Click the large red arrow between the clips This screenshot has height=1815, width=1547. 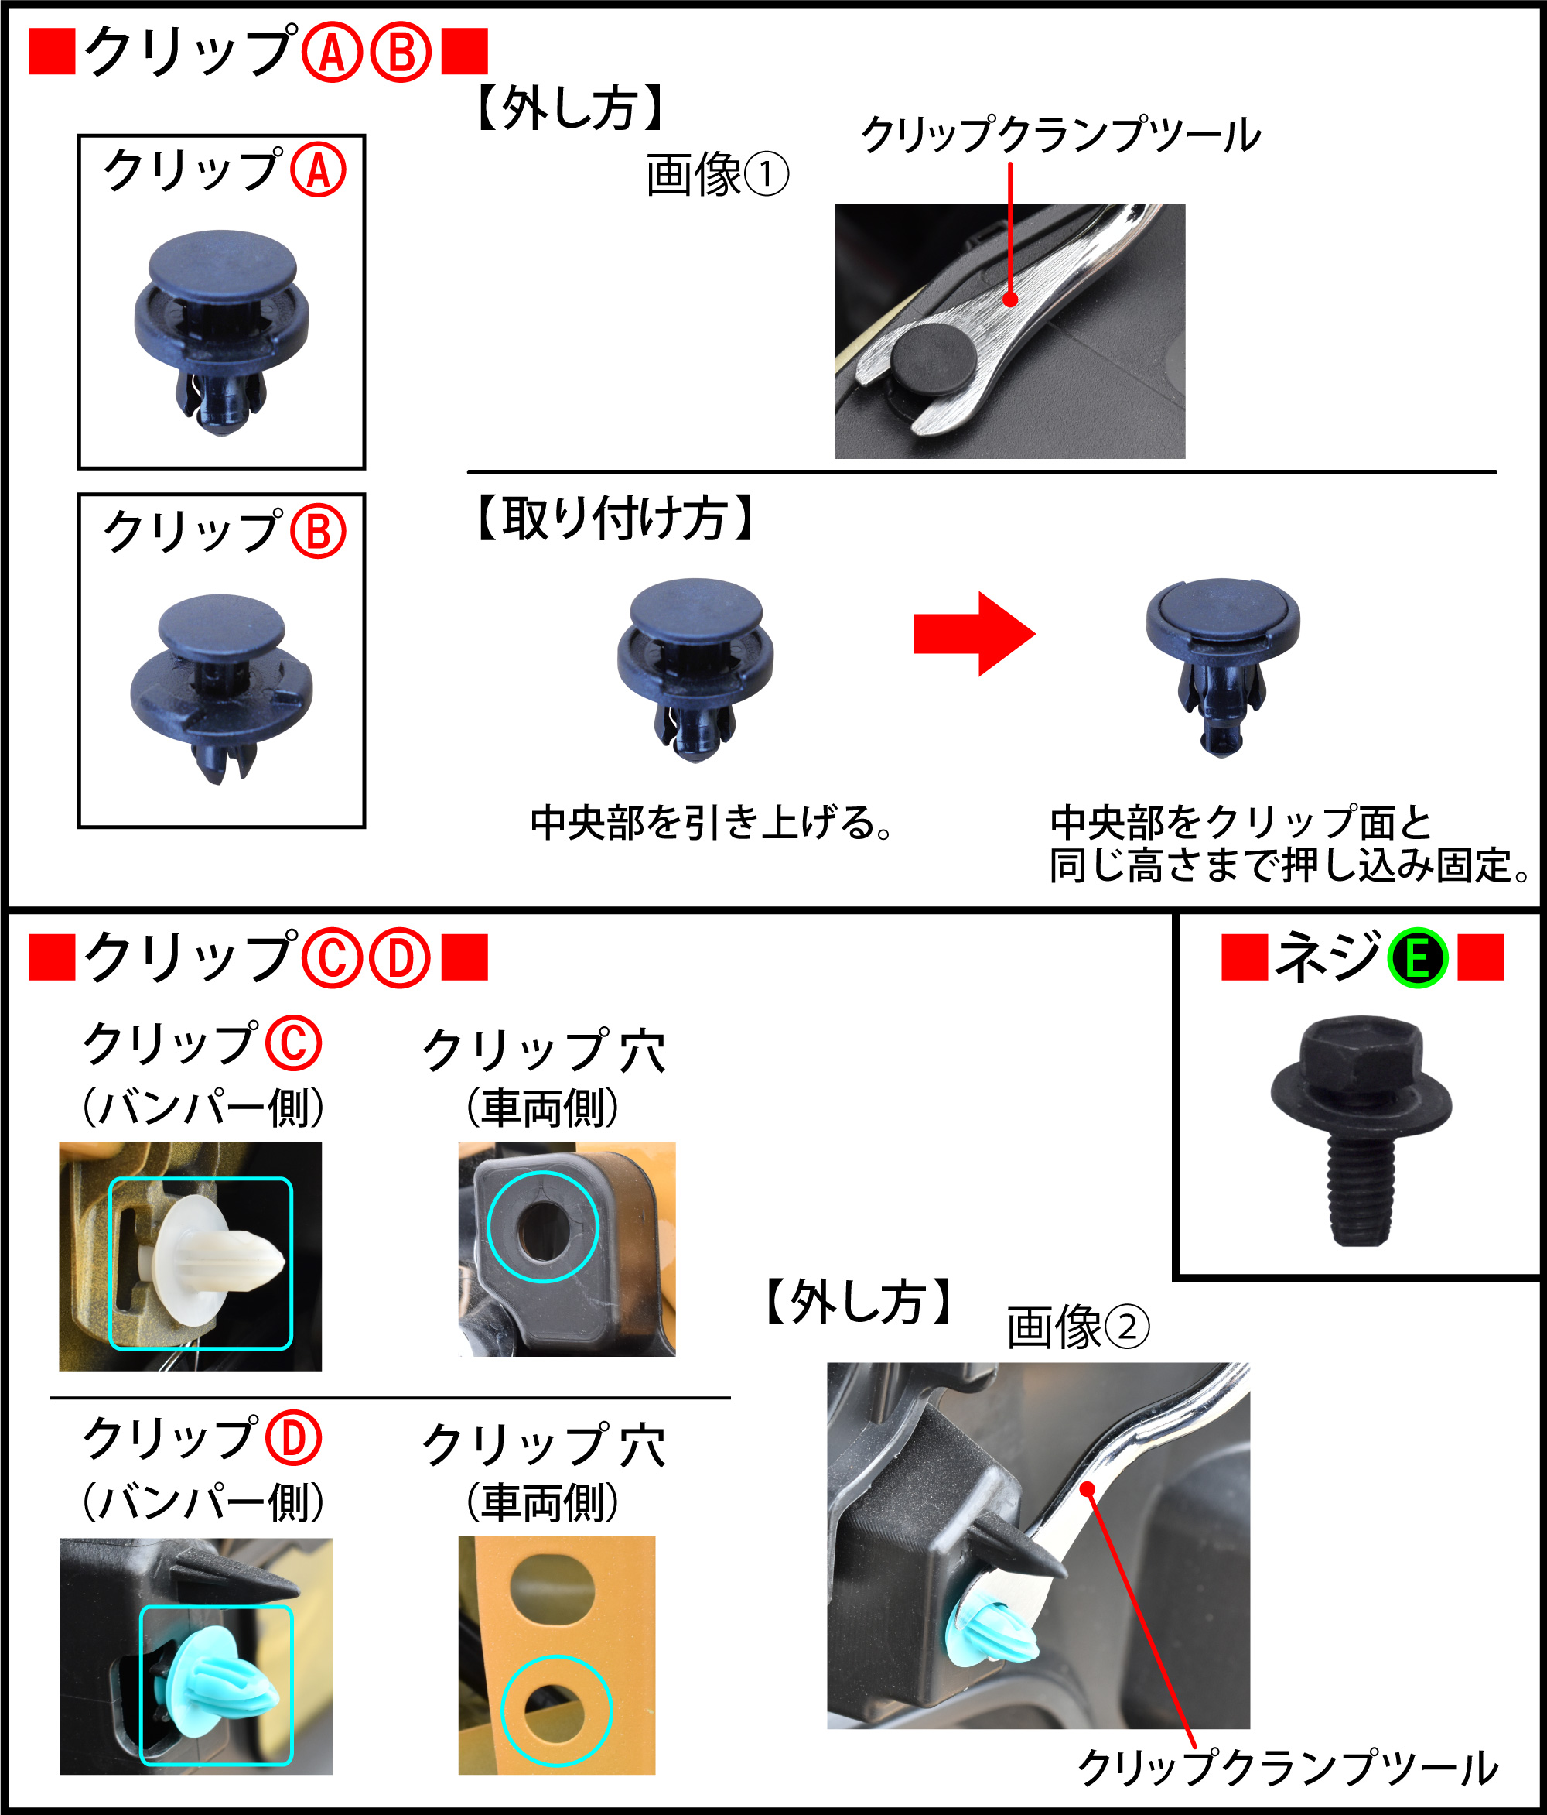pyautogui.click(x=974, y=633)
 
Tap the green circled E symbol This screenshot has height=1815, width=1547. pyautogui.click(x=1417, y=958)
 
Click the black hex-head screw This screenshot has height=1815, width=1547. pyautogui.click(x=1361, y=1129)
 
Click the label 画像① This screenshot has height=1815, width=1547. pyautogui.click(x=717, y=174)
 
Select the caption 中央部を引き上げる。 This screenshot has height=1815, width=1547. pyautogui.click(x=711, y=823)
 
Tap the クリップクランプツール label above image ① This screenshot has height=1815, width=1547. pyautogui.click(x=1061, y=135)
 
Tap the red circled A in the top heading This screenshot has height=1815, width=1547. pyautogui.click(x=332, y=53)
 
